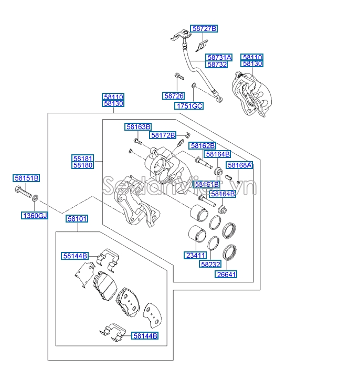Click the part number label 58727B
(204, 29)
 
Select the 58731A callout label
(219, 57)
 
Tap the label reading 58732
(217, 64)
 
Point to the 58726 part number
(173, 96)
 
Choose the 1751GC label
(189, 105)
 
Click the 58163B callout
(138, 126)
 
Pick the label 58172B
(163, 135)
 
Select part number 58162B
(203, 145)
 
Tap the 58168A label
(239, 165)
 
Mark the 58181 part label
(83, 158)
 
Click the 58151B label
(26, 178)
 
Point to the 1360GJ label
(34, 215)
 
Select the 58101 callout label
(77, 218)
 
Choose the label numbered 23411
(195, 256)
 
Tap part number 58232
(211, 265)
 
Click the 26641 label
(226, 273)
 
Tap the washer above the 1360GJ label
(35, 198)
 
